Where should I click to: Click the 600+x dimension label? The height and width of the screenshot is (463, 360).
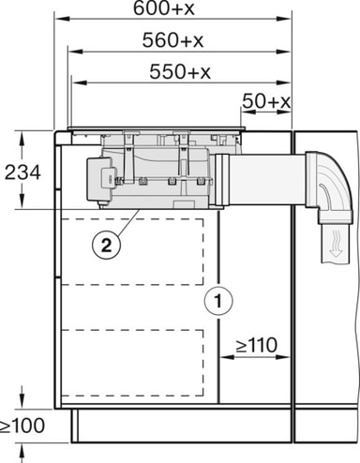[164, 8]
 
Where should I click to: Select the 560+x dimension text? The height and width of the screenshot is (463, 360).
[172, 40]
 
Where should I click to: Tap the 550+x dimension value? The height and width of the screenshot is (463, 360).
[180, 71]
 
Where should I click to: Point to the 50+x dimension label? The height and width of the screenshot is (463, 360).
[266, 101]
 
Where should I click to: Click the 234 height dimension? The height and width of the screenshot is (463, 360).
[22, 172]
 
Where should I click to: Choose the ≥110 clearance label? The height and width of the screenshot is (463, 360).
[257, 345]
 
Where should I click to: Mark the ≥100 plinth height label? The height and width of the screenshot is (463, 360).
[22, 426]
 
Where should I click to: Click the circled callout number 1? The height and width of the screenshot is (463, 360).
[218, 301]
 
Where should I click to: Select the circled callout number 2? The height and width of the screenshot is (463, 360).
[106, 245]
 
